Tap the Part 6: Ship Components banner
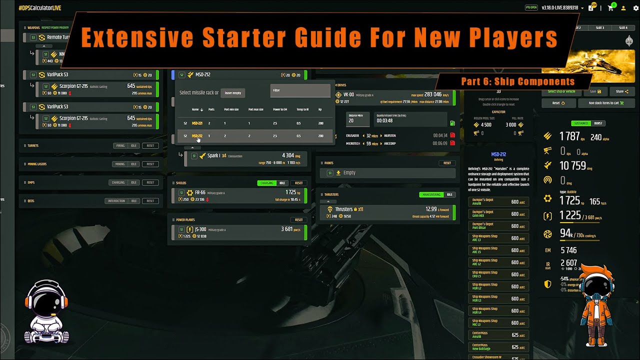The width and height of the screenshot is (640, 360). pyautogui.click(x=517, y=81)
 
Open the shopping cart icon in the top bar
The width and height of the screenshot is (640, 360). pyautogui.click(x=610, y=8)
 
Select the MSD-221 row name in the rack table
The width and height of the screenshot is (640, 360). pyautogui.click(x=197, y=123)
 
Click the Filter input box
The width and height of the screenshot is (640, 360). pyautogui.click(x=300, y=90)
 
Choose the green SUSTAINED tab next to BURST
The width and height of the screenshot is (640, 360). pyautogui.click(x=581, y=123)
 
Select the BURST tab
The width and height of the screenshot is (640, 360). pyautogui.click(x=598, y=123)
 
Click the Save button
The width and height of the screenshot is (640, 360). pyautogui.click(x=595, y=91)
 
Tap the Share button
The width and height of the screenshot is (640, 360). pyautogui.click(x=622, y=91)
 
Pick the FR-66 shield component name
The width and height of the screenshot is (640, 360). pyautogui.click(x=200, y=192)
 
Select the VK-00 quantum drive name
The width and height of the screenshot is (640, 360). pyautogui.click(x=349, y=94)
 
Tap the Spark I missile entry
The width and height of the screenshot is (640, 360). pyautogui.click(x=213, y=155)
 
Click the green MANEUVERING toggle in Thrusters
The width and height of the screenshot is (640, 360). pyautogui.click(x=431, y=194)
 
